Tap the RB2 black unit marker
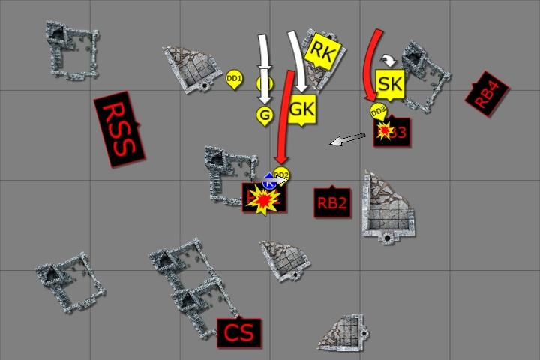point(332,202)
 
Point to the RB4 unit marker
point(486,94)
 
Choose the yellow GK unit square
point(301,109)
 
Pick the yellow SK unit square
point(390,83)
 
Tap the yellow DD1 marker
point(234,78)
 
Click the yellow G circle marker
point(264,115)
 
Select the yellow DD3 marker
point(378,112)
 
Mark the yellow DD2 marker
point(282,175)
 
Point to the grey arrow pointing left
point(348,139)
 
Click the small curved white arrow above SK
point(389,58)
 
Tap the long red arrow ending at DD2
point(283,112)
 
